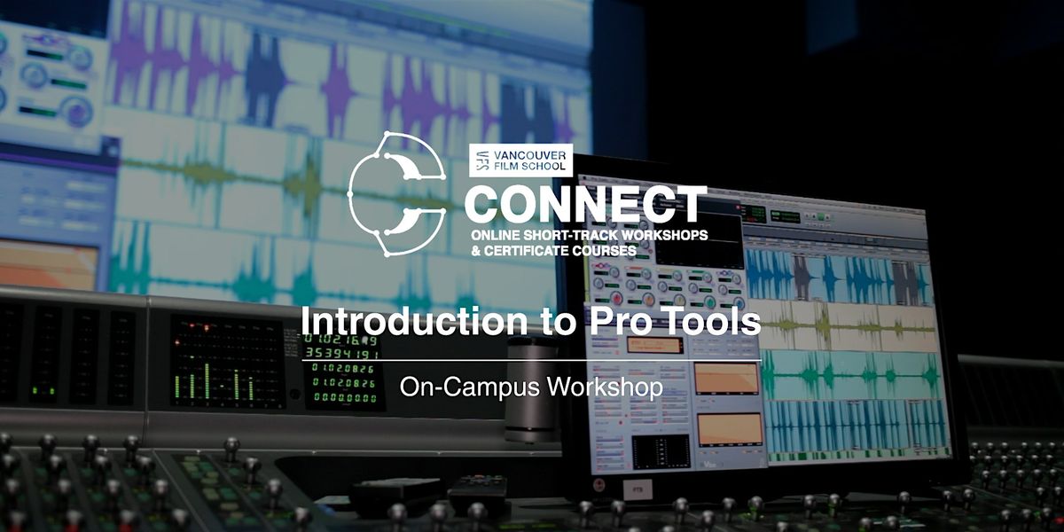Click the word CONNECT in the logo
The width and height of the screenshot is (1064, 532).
coord(585,206)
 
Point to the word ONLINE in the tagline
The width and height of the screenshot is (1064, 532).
coord(494,236)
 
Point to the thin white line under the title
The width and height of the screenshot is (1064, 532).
coord(532,361)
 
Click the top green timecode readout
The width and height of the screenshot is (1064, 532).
coord(342,340)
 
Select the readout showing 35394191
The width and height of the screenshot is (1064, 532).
coord(342,354)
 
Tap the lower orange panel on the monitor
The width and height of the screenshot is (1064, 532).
coord(726,429)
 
